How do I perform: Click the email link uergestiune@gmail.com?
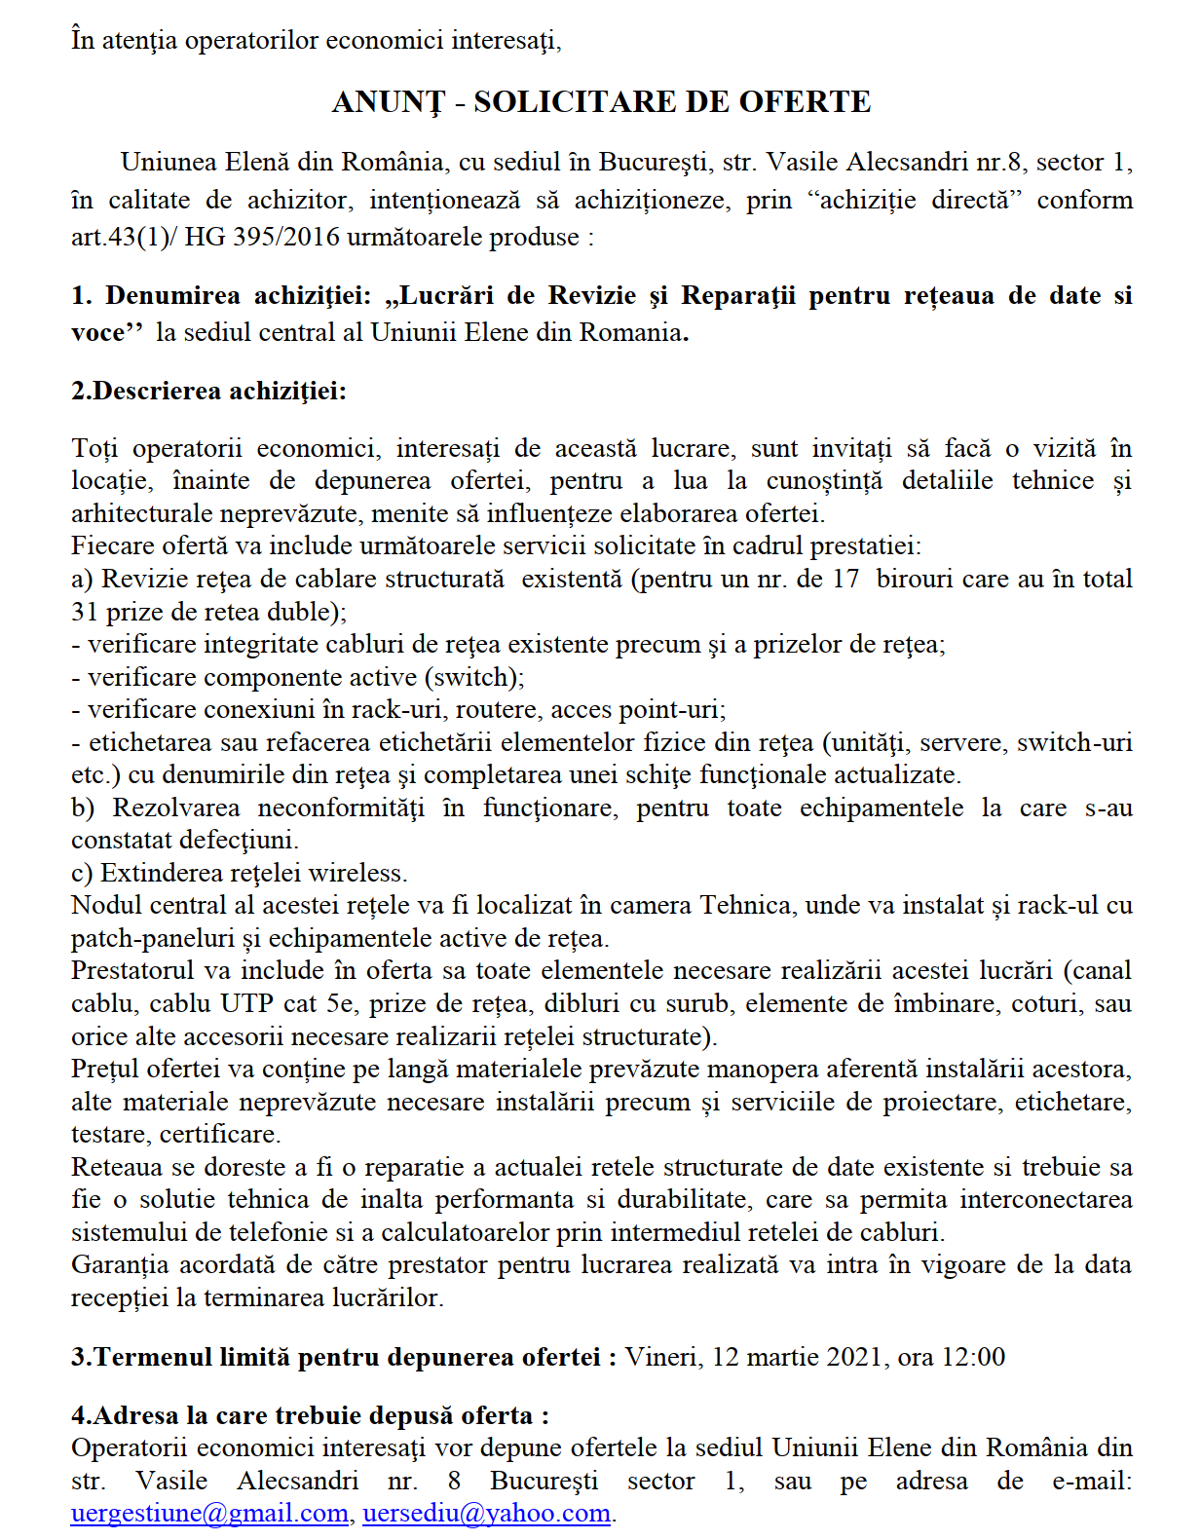[209, 1513]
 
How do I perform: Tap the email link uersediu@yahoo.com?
[486, 1513]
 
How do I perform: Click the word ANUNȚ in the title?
[388, 102]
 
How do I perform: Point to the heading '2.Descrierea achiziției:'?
[208, 391]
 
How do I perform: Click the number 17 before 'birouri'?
[845, 579]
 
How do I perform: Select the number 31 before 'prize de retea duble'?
[85, 612]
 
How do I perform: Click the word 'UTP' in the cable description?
[246, 1003]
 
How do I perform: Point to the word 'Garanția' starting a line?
[116, 1264]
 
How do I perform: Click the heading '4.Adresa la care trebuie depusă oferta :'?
[310, 1415]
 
